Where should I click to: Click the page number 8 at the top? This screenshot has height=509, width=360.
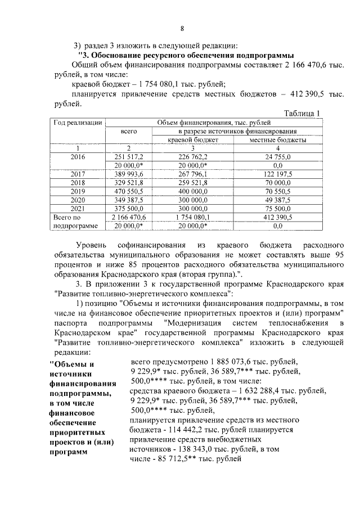click(182, 29)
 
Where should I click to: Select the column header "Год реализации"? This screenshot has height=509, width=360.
click(78, 122)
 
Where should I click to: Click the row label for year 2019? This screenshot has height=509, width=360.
click(78, 191)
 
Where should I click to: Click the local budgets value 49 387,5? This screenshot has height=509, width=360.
click(277, 199)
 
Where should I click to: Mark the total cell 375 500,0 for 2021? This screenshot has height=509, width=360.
click(129, 208)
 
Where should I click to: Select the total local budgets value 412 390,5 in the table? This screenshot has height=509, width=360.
click(277, 216)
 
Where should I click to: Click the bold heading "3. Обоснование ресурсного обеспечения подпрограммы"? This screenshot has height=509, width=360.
click(186, 55)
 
